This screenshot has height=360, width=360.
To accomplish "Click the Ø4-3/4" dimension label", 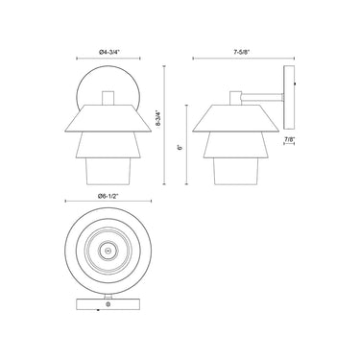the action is pyautogui.click(x=108, y=52).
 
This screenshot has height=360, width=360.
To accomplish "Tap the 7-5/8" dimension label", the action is pyautogui.click(x=243, y=52).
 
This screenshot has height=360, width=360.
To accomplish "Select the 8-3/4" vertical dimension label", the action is pyautogui.click(x=157, y=119).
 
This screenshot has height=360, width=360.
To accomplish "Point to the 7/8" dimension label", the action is pyautogui.click(x=289, y=139).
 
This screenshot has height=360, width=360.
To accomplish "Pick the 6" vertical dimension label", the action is pyautogui.click(x=180, y=148).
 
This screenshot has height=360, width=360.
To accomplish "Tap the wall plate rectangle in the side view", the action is pyautogui.click(x=289, y=98).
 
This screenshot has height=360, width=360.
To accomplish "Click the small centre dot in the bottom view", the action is pyautogui.click(x=108, y=251).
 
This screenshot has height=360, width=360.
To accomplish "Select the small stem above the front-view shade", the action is pyautogui.click(x=108, y=98).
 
